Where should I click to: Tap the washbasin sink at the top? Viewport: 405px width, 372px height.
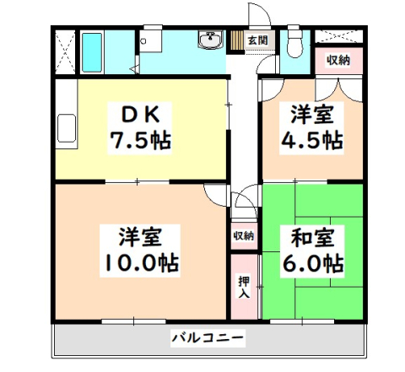coord(208,40)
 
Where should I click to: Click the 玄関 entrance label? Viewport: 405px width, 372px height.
coord(258,40)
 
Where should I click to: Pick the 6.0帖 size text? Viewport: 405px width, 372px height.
coord(313,261)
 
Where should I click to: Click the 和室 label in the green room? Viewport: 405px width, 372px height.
coord(313,235)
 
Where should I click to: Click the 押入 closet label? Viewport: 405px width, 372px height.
coord(244,287)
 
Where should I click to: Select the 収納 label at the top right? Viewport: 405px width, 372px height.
coord(338,60)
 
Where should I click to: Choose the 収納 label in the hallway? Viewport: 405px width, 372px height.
coord(244,235)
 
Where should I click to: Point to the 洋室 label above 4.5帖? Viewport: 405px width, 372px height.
coord(312,112)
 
